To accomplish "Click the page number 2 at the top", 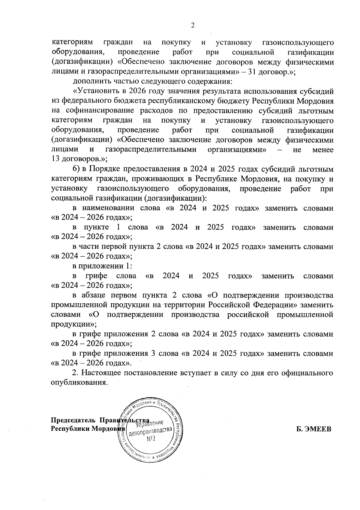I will pyautogui.click(x=193, y=26).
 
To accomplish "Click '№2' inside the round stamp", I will pyautogui.click(x=151, y=439).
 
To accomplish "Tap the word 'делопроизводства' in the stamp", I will pyautogui.click(x=151, y=431).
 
